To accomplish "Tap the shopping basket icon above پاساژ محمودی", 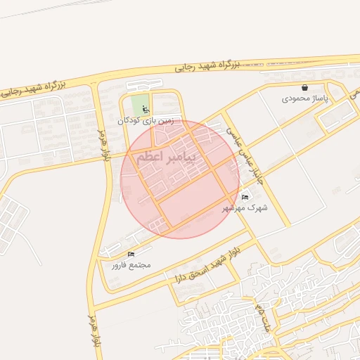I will tap(304, 88).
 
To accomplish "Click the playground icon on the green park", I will tap(146, 110).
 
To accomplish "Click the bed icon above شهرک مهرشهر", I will tap(245, 197).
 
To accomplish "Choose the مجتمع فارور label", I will tap(131, 265).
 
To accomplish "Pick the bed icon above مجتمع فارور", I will tap(131, 254).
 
